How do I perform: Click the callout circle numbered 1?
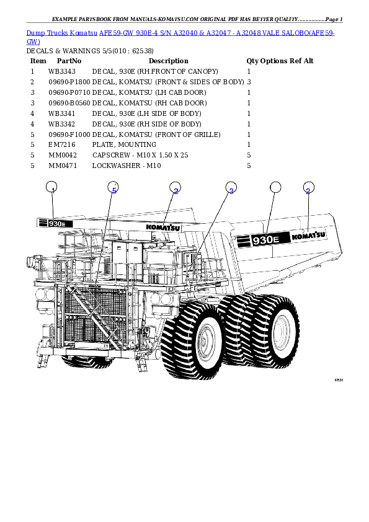pos(53,190)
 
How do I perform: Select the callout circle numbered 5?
pos(113,189)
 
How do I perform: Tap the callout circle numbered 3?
pos(231,190)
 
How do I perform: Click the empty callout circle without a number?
pos(275,189)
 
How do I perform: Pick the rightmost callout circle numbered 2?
pos(308,190)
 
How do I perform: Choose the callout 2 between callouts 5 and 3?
pos(176,190)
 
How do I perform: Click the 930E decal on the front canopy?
pos(56,223)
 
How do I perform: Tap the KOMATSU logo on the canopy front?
pos(162,227)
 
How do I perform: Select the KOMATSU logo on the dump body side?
pos(308,236)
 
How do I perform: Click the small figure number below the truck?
pos(339,380)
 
